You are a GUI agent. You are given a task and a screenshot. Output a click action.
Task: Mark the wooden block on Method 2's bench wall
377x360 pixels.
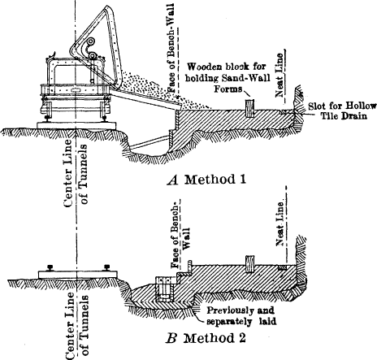(x=250, y=262)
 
